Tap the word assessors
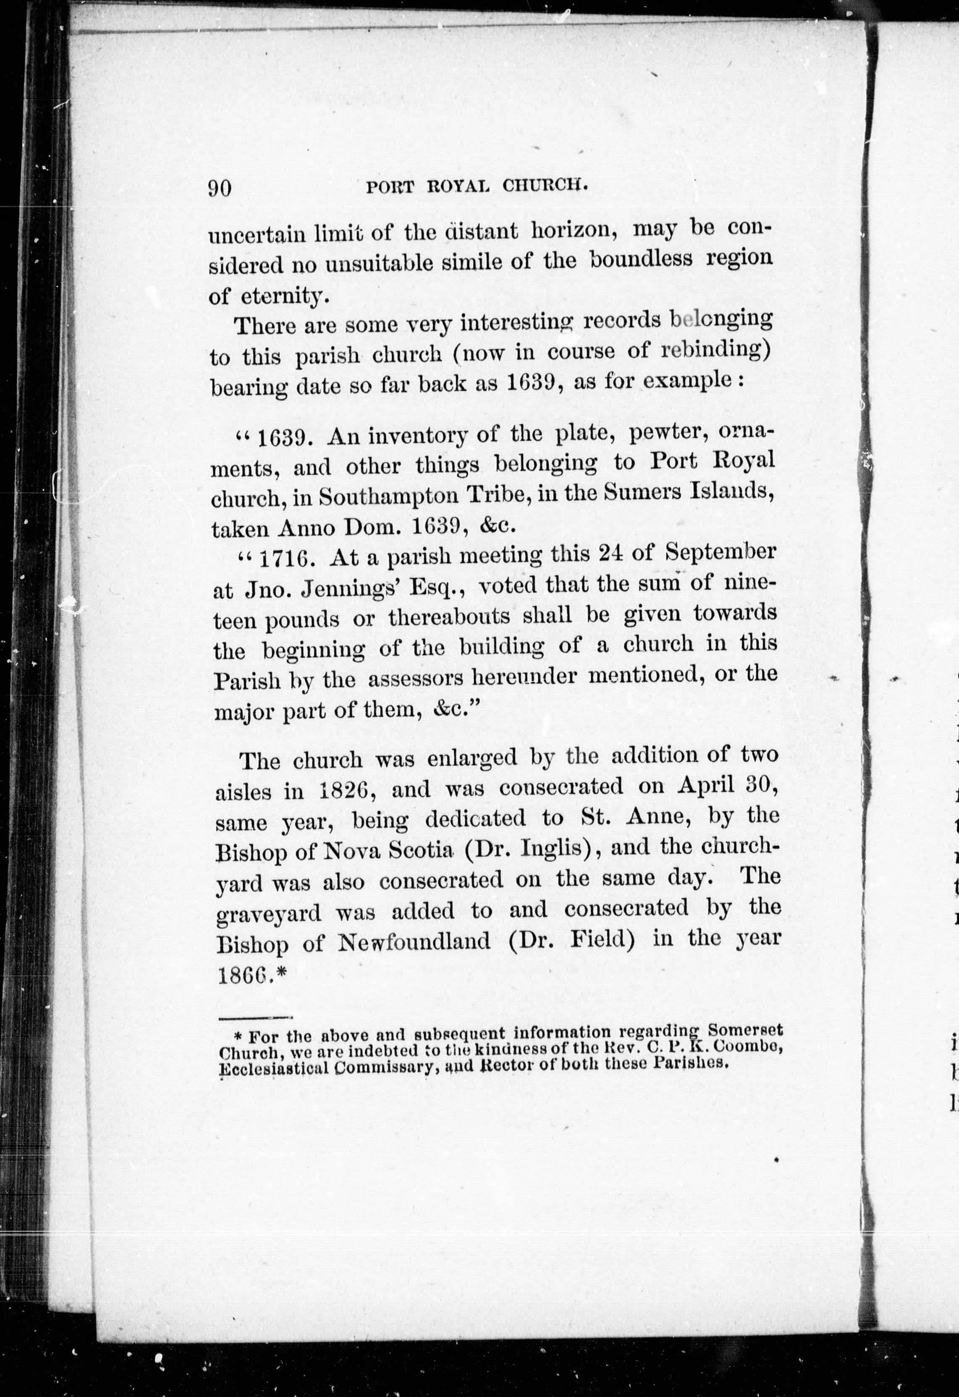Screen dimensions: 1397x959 click(415, 679)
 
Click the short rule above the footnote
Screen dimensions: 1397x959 click(255, 1018)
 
